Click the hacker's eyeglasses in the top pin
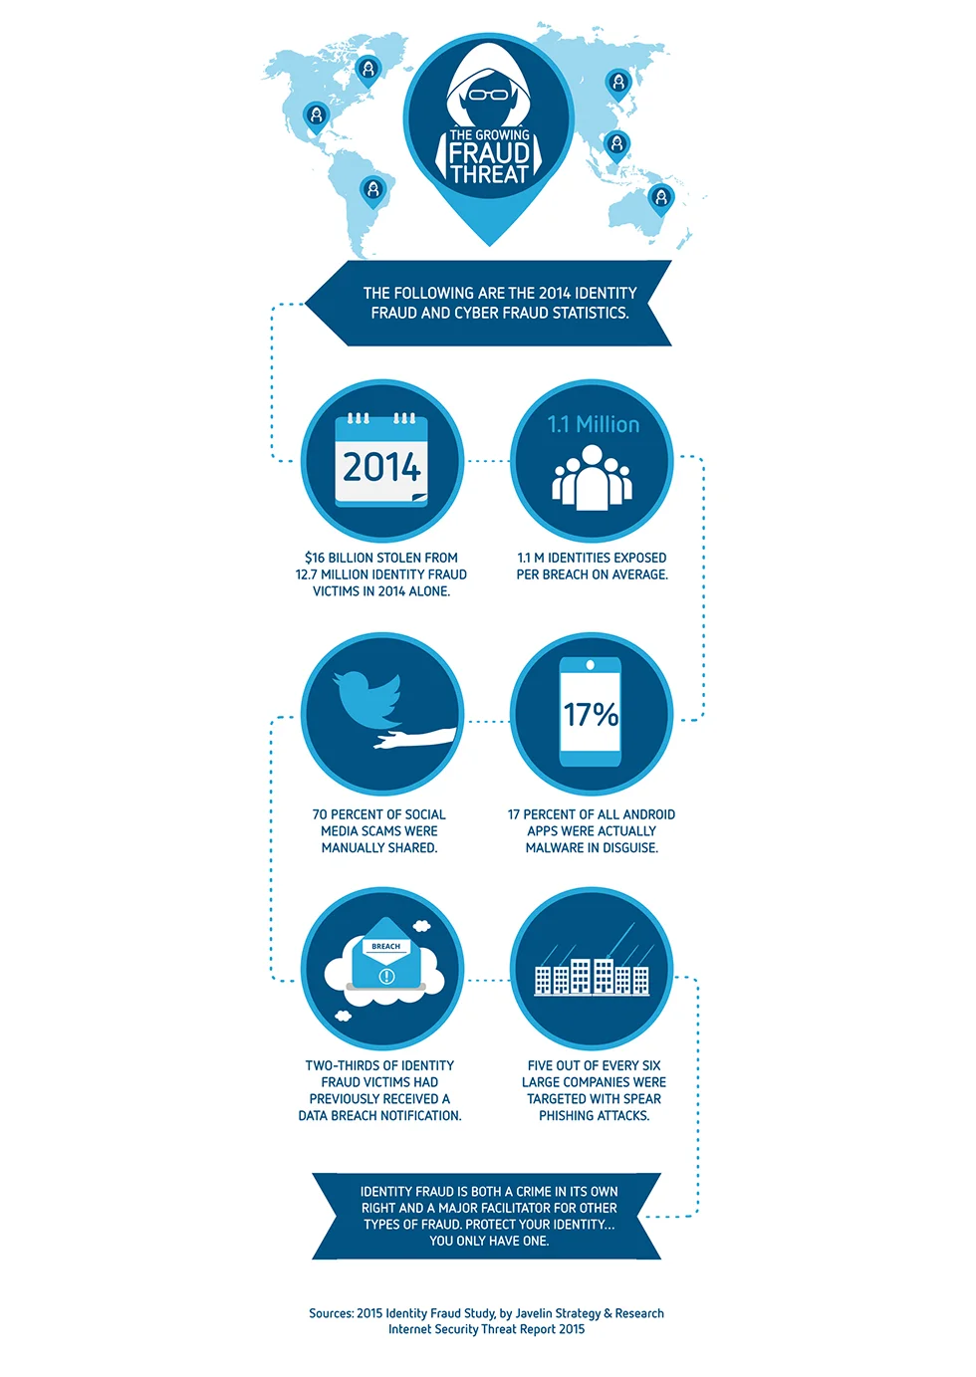(488, 96)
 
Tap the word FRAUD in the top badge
(489, 153)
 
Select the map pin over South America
(371, 189)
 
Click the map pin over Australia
(661, 198)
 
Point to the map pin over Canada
(368, 70)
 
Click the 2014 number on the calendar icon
(381, 467)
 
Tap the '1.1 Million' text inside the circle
(594, 424)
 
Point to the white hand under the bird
(415, 739)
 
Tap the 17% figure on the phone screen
(591, 715)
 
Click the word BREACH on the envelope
(386, 946)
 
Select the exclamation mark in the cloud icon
(386, 976)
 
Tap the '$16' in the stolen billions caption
(315, 558)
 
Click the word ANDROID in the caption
(649, 814)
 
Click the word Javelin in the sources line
(535, 1313)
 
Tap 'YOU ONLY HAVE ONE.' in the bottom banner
(489, 1241)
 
